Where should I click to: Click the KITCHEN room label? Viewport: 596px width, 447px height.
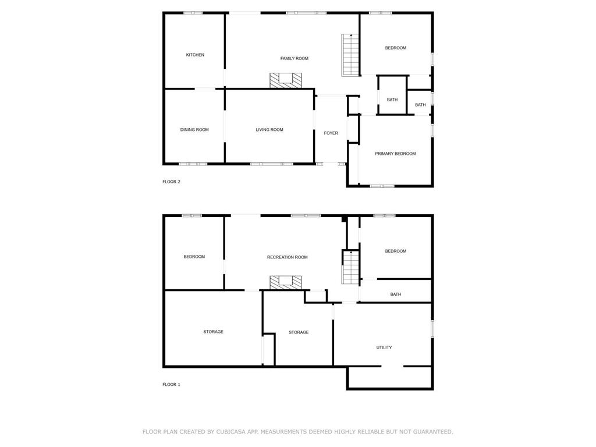[195, 55]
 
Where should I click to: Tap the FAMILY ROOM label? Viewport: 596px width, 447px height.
[294, 59]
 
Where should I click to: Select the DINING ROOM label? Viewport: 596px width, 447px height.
[194, 130]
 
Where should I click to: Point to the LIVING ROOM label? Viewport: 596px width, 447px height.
[269, 130]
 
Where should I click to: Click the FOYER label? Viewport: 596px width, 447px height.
[331, 133]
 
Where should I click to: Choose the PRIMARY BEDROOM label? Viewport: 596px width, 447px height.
[395, 154]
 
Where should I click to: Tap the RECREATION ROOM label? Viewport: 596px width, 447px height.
[288, 257]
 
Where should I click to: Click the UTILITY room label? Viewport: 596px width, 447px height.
[384, 347]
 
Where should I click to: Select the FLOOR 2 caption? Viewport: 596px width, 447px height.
[172, 182]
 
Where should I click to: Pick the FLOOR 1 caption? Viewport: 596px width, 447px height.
[172, 385]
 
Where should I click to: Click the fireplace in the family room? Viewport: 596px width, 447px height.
[285, 80]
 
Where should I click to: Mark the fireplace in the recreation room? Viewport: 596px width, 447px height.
[285, 282]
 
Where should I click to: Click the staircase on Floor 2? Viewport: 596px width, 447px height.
[350, 55]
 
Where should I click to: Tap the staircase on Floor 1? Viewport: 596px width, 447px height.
[350, 267]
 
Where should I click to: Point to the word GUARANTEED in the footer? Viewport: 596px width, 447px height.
[433, 432]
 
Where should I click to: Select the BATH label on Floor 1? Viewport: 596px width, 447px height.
[395, 294]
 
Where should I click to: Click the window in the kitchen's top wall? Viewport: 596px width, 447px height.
[193, 13]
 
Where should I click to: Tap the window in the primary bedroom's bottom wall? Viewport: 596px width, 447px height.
[382, 186]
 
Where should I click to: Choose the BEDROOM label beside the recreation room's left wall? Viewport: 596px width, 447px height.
[194, 257]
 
